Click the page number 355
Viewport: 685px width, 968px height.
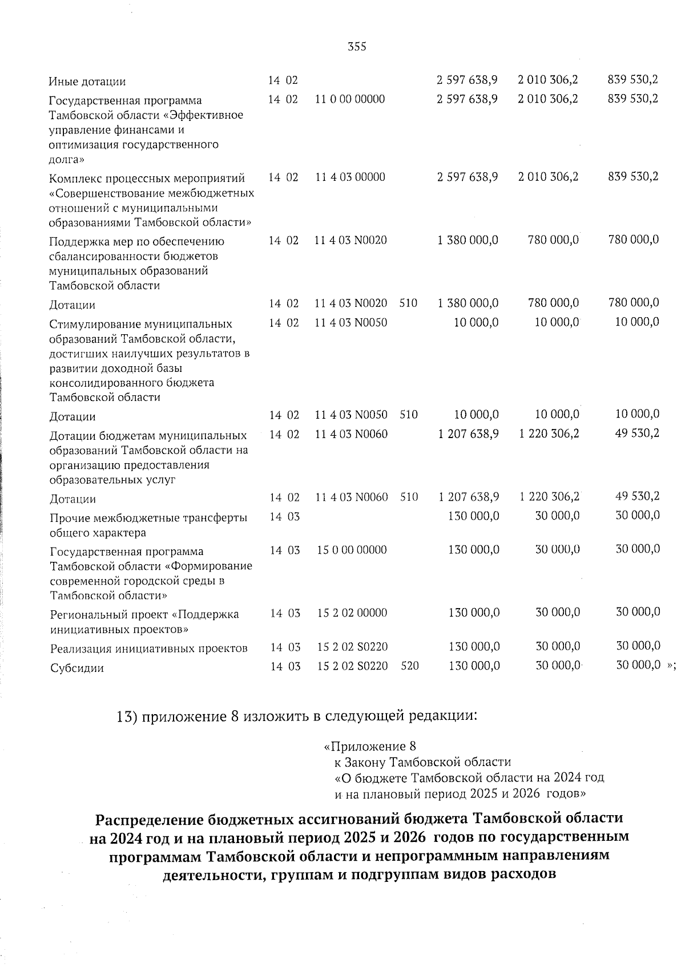[357, 47]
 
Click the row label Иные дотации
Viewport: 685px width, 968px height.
[87, 82]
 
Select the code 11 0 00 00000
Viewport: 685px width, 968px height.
[350, 99]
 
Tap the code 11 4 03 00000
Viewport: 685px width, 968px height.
[350, 177]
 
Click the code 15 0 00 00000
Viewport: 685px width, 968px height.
[352, 550]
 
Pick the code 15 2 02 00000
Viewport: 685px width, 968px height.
[352, 613]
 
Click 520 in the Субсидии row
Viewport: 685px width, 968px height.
[410, 666]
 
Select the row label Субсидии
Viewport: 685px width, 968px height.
[77, 668]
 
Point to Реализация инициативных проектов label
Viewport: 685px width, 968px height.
[148, 649]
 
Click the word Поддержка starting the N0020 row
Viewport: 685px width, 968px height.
[76, 241]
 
